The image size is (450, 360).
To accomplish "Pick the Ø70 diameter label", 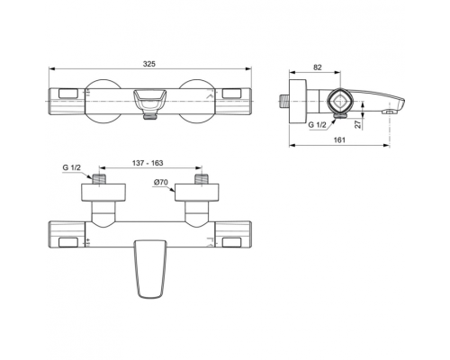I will (161, 184).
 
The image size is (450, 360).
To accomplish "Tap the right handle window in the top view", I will (232, 94).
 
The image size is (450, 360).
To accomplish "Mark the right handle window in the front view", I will (232, 241).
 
